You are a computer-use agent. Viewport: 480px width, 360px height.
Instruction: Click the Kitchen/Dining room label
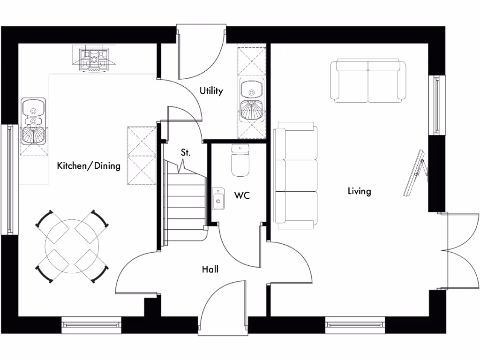pyautogui.click(x=89, y=165)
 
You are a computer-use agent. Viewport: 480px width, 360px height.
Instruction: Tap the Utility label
pyautogui.click(x=211, y=91)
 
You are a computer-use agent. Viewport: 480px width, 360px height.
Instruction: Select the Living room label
pyautogui.click(x=359, y=191)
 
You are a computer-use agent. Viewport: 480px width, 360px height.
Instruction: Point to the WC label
pyautogui.click(x=242, y=195)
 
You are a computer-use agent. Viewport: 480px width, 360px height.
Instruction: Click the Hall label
pyautogui.click(x=210, y=269)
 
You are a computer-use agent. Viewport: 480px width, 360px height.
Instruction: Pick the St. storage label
pyautogui.click(x=186, y=152)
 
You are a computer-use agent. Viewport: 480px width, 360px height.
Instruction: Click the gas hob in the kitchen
pyautogui.click(x=95, y=60)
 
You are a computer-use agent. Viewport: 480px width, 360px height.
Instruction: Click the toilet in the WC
pyautogui.click(x=240, y=160)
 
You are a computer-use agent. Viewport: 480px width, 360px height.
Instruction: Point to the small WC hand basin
pyautogui.click(x=218, y=198)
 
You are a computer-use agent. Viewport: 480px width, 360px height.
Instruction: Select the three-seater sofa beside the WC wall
pyautogui.click(x=296, y=175)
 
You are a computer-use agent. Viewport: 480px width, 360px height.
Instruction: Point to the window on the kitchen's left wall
pyautogui.click(x=9, y=179)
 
